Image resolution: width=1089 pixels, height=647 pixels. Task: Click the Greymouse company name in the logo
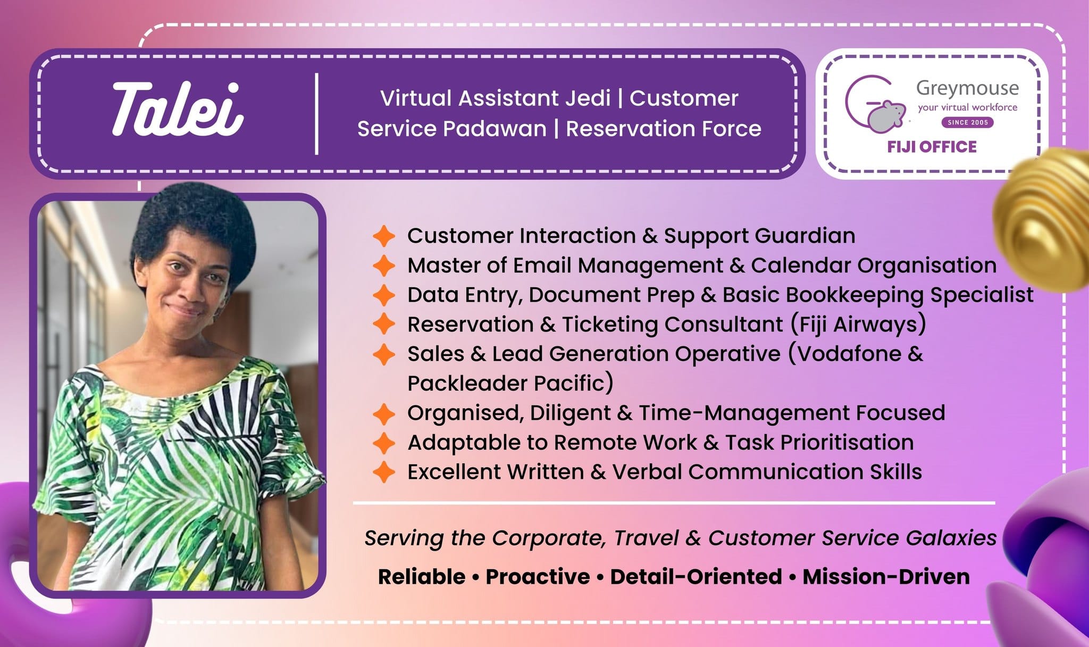click(967, 88)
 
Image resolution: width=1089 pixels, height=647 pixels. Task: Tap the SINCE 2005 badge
click(968, 122)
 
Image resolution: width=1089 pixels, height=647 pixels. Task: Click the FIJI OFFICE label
click(932, 147)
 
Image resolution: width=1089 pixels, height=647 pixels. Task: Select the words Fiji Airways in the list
click(858, 324)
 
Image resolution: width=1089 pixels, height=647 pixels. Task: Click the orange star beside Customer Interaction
click(384, 236)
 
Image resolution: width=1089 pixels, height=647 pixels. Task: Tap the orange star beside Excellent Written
click(384, 472)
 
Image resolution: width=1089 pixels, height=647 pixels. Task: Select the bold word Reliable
click(422, 577)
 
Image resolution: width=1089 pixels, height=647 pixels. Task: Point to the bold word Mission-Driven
click(886, 577)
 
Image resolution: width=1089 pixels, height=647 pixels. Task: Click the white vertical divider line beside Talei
click(317, 114)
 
